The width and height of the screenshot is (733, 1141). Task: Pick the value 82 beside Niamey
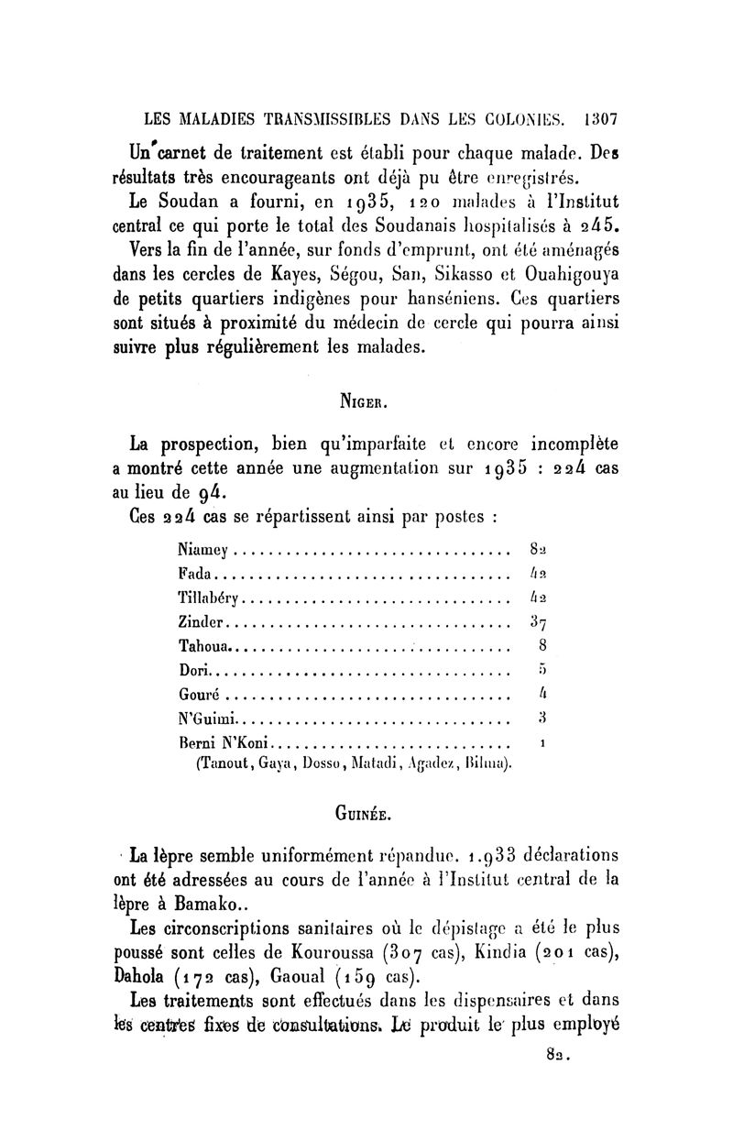click(x=539, y=551)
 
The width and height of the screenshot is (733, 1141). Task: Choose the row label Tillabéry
click(x=212, y=598)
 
